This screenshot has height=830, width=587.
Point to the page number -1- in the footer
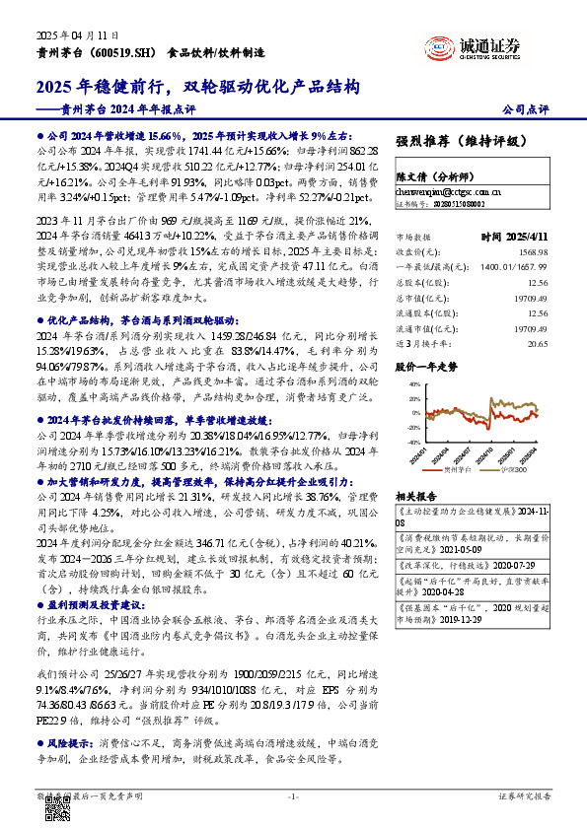[x=292, y=795]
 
